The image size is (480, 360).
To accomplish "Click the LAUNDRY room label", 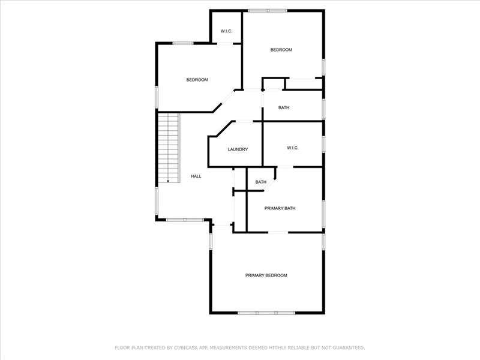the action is coord(238,149).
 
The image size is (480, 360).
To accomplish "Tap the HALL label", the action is coord(196,176).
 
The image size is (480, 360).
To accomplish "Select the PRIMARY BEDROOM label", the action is coord(266,275).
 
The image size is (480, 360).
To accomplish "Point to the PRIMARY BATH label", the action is coord(280,208).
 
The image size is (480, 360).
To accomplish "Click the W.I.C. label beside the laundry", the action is coord(293,148).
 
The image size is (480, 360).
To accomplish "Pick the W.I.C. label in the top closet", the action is coord(226,31).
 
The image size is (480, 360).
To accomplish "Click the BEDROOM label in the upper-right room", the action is coord(281,50).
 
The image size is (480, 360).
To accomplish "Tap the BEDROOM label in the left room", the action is coord(197,80).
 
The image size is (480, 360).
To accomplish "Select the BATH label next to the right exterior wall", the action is coord(284,108).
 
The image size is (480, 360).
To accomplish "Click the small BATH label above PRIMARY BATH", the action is coord(261,182).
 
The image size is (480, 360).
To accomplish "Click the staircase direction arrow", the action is coord(168,181).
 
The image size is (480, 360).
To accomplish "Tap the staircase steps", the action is coord(168,148).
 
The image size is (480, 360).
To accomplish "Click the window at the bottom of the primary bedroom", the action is coord(266,313).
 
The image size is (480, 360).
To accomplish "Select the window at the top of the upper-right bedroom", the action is coord(268,11).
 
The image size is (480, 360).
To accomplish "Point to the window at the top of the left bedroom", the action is coord(183,43).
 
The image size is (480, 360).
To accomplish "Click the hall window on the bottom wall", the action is coord(185,220).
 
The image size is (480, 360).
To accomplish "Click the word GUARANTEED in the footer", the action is coord(349,348).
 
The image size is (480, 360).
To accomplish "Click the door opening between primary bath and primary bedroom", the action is coord(278,233).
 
